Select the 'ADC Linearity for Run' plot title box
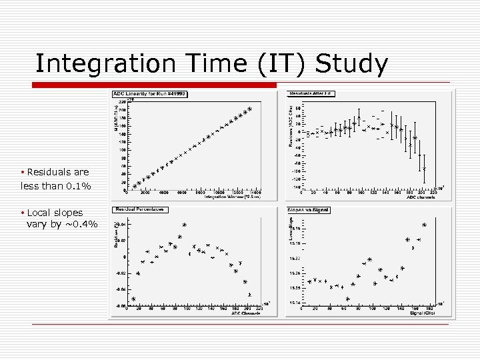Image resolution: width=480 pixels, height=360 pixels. point(149,93)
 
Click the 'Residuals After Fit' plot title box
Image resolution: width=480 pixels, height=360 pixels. point(310,93)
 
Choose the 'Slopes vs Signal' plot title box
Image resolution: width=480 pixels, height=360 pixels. point(308,210)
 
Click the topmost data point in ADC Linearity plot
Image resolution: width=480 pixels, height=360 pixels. point(249,109)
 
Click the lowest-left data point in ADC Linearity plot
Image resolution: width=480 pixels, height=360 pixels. point(134,187)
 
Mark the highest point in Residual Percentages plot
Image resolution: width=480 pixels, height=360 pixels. point(185,225)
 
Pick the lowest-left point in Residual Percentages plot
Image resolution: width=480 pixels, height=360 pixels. point(133,299)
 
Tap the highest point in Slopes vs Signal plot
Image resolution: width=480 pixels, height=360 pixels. point(424,225)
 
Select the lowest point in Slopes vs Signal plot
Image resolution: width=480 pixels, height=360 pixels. point(347,299)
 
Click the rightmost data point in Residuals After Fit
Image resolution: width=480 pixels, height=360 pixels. point(424,169)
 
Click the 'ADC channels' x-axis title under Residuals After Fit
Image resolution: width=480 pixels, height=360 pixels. point(421,197)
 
